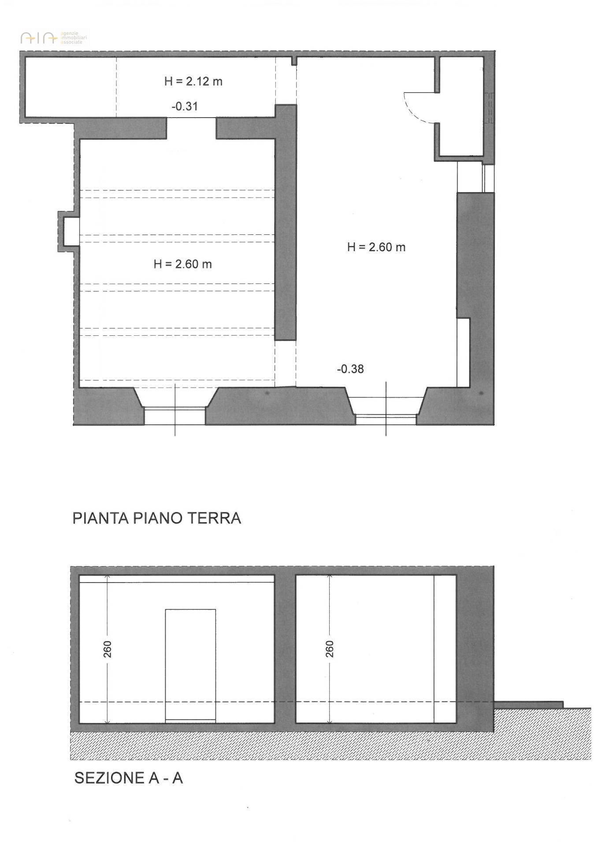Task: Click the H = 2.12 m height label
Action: (x=193, y=81)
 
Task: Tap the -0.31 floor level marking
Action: (x=185, y=106)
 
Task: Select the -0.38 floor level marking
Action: (x=350, y=369)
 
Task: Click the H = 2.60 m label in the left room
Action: (x=182, y=264)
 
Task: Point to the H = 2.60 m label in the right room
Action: (x=376, y=247)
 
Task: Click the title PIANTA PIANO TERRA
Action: (x=157, y=518)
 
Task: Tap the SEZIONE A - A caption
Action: (x=128, y=778)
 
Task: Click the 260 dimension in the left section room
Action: (x=108, y=649)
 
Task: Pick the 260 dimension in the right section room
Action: (x=330, y=649)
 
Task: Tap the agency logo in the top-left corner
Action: (x=54, y=38)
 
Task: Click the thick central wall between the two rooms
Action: (x=285, y=223)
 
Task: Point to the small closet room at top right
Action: (x=461, y=107)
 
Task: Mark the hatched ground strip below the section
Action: (x=331, y=746)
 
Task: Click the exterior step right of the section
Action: (x=528, y=705)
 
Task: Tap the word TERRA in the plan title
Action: (x=215, y=518)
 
